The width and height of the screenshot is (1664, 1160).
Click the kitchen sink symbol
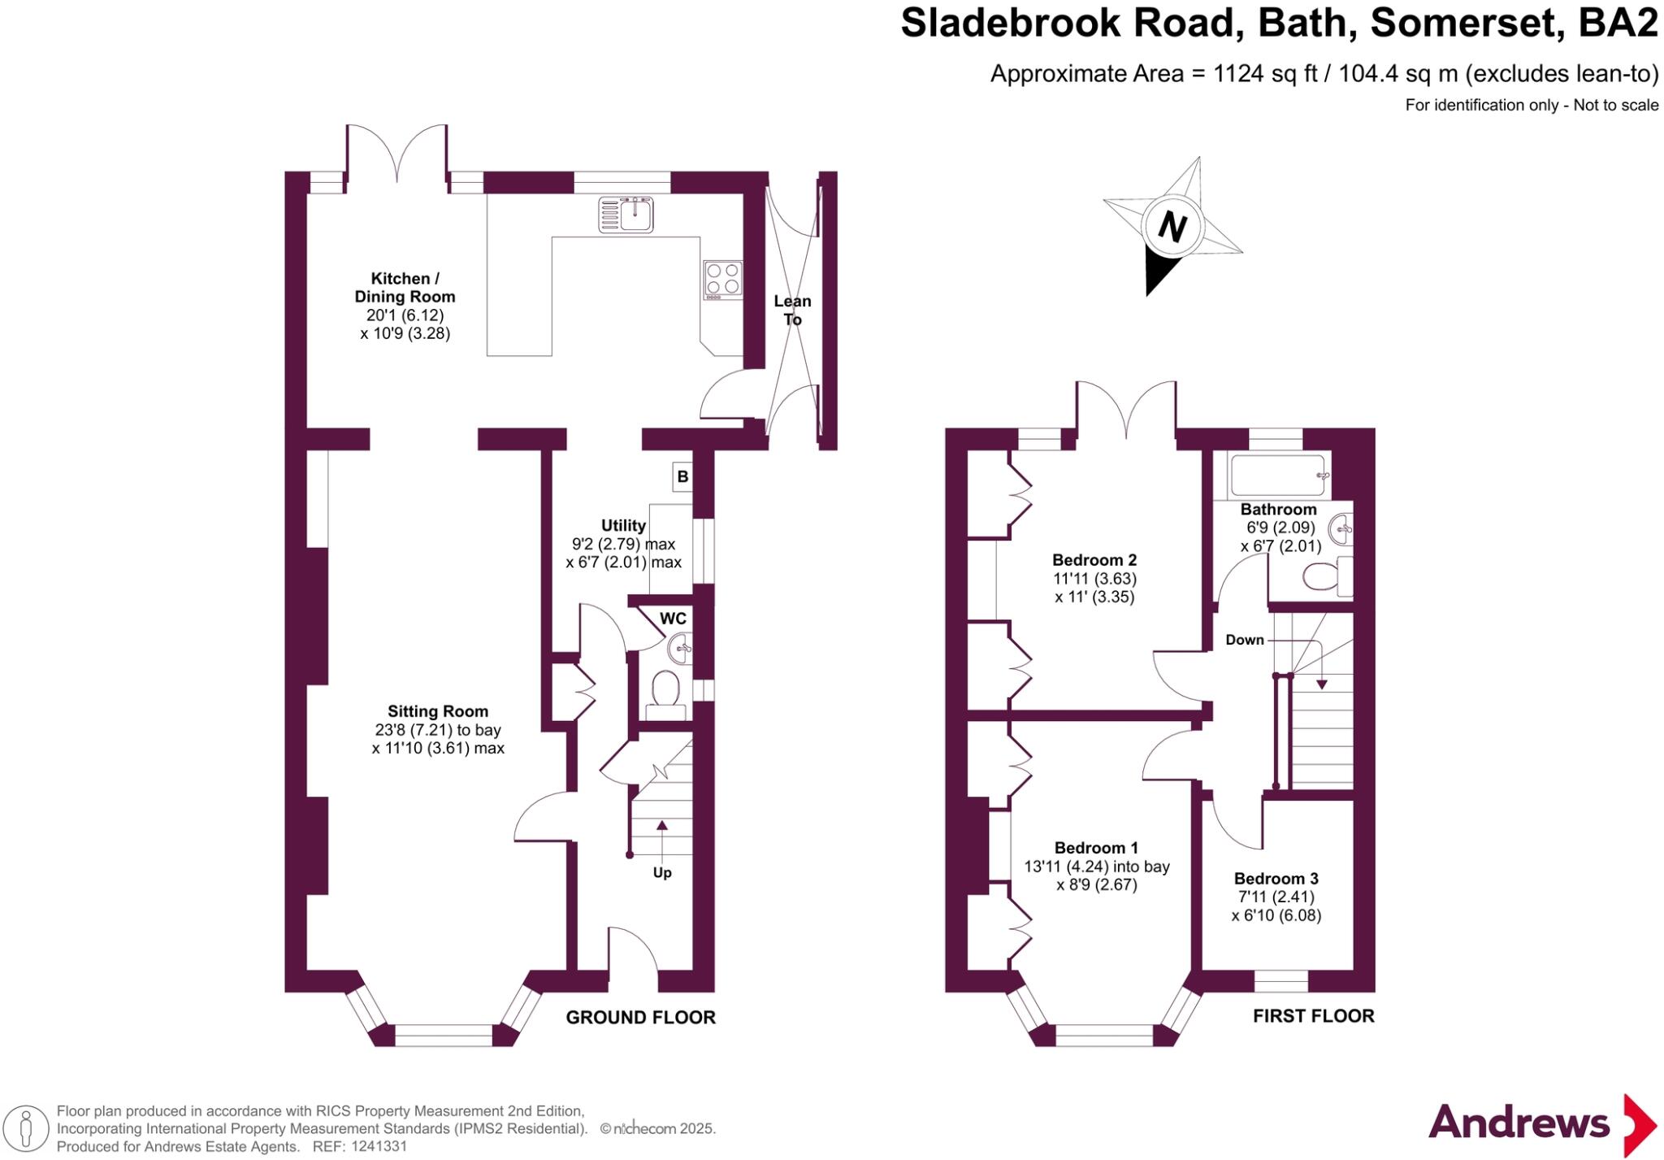(x=626, y=215)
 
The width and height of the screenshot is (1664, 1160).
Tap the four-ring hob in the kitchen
(x=722, y=279)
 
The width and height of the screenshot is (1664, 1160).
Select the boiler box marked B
(x=682, y=476)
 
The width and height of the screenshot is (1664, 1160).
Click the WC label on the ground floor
(x=673, y=619)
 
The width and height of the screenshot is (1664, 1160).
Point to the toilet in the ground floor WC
(x=666, y=692)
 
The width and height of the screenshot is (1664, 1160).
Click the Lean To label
(x=792, y=310)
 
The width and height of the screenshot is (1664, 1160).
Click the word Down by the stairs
(x=1245, y=640)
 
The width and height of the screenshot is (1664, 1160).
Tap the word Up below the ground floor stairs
(x=662, y=872)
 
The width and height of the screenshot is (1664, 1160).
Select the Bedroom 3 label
(x=1276, y=878)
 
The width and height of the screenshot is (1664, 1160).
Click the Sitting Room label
(x=438, y=711)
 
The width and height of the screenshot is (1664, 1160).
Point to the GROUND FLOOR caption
(x=640, y=1017)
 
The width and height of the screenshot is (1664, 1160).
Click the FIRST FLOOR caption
(x=1313, y=1015)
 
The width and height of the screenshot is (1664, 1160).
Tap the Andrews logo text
(x=1519, y=1123)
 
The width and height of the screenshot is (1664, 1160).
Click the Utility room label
(x=623, y=525)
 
